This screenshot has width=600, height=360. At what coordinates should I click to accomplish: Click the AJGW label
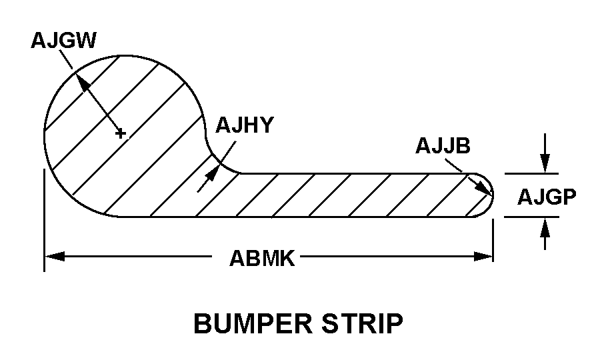[x=63, y=41]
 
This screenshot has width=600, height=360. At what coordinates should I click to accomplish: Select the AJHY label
[x=244, y=125]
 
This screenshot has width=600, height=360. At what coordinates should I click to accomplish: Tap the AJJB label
[x=442, y=145]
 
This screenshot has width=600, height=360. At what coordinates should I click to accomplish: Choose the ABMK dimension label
[x=262, y=257]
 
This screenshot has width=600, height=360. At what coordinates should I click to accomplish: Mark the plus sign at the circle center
[x=120, y=133]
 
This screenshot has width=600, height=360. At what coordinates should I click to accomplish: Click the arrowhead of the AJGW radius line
[x=81, y=80]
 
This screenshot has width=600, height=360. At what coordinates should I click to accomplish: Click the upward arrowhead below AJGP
[x=545, y=226]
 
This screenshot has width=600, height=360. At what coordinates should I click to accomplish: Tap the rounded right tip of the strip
[x=493, y=195]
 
